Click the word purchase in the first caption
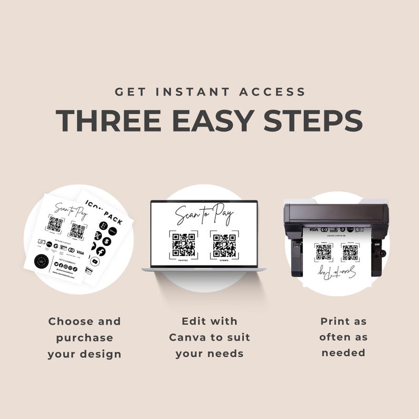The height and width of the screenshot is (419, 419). point(84,338)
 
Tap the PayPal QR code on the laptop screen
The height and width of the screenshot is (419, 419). point(184,244)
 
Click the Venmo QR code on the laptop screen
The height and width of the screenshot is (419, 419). point(224,244)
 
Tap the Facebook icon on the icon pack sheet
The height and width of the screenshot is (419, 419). point(100,251)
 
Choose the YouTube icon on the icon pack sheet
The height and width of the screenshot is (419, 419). point(95,261)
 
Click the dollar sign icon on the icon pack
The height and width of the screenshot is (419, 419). point(107,241)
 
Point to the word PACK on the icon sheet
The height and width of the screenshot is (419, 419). point(112,215)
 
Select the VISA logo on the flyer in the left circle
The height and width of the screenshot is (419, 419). point(80,252)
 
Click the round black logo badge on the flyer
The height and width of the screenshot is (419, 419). point(42,261)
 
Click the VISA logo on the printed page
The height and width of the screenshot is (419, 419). point(313,230)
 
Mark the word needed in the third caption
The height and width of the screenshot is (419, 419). point(343,353)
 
